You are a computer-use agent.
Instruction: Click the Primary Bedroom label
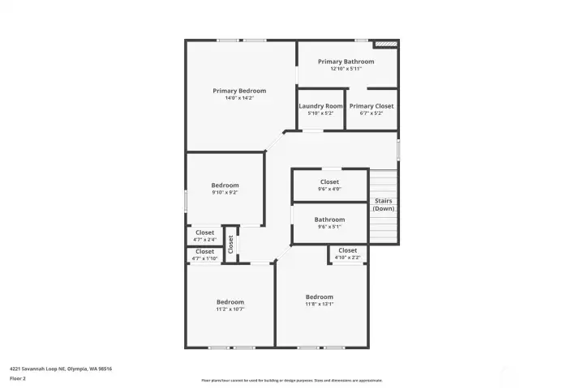[x=239, y=91]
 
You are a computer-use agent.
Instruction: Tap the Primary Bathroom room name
[x=346, y=62]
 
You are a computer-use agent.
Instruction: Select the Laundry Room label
[x=320, y=106]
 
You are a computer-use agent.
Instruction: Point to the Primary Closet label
[x=371, y=106]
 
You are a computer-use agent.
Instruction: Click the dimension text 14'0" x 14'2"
[x=239, y=98]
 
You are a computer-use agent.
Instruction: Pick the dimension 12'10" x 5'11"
[x=346, y=69]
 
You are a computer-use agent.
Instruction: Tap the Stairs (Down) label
[x=384, y=204]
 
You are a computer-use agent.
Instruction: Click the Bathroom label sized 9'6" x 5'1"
[x=329, y=220]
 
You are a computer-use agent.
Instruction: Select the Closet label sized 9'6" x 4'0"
[x=329, y=182]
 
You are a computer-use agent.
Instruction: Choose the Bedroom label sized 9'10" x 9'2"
[x=225, y=185]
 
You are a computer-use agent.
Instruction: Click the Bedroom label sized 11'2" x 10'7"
[x=230, y=302]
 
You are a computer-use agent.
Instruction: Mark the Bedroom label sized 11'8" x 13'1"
[x=319, y=296]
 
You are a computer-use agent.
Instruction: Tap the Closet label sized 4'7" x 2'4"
[x=204, y=232]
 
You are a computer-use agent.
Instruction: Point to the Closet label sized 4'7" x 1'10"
[x=204, y=252]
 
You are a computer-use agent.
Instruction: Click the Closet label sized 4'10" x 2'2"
[x=347, y=250]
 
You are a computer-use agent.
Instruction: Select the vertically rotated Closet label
[x=231, y=244]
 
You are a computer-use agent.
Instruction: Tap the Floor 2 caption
[x=18, y=378]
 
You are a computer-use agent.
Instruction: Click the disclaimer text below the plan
[x=292, y=380]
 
